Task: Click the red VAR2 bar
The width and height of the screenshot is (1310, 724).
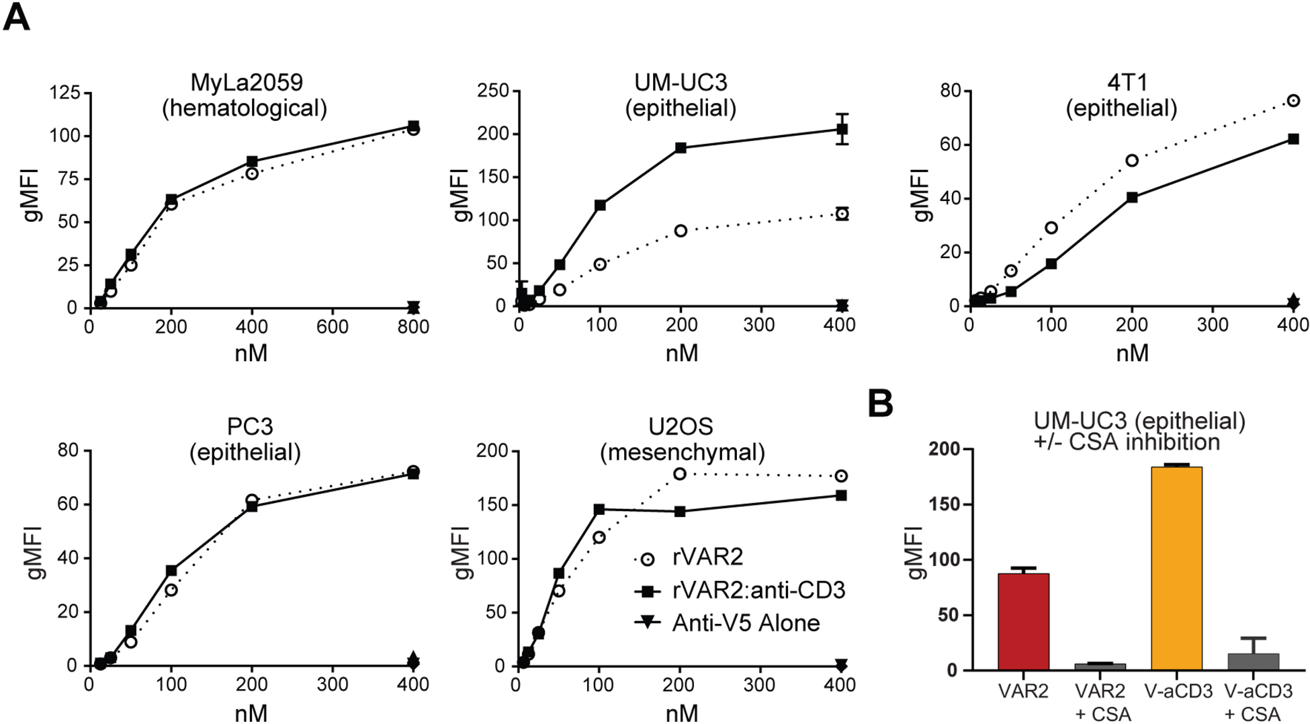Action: [1023, 622]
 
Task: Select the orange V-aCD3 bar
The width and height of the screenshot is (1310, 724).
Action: [1176, 568]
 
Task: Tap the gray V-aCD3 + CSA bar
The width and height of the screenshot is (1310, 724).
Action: [1253, 661]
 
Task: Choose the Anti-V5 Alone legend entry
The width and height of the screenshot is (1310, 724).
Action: [745, 623]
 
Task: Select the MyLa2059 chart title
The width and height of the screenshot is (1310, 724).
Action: [246, 95]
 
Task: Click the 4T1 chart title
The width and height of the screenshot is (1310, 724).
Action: [1121, 95]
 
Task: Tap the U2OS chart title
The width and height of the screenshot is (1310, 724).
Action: [681, 439]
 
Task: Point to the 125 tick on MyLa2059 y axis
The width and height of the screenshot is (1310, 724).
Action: [64, 92]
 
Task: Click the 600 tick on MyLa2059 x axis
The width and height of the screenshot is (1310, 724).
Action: [333, 327]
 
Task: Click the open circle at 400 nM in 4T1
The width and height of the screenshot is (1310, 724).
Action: [1293, 101]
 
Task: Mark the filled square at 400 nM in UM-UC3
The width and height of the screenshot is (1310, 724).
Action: [842, 129]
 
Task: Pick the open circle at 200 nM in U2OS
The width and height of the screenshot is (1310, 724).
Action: [679, 474]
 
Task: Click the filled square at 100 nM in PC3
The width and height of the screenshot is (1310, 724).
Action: [171, 571]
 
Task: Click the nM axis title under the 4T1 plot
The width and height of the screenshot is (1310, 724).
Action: [1132, 352]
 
